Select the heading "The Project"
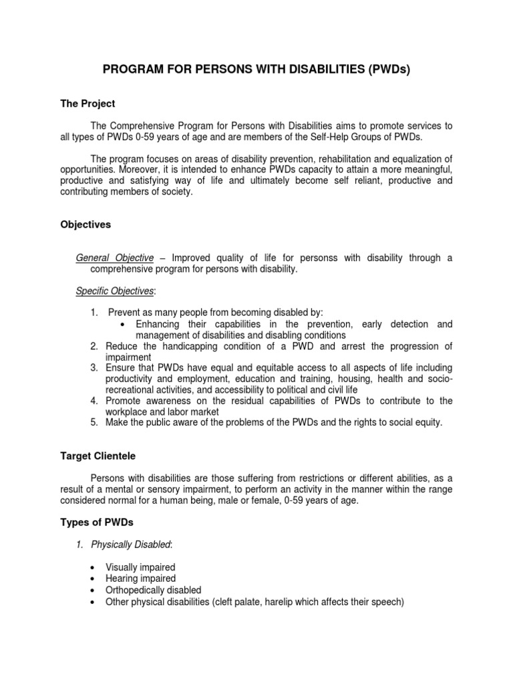coord(88,104)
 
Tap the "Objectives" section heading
coord(85,225)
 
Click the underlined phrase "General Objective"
coord(115,258)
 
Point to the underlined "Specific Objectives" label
coord(115,291)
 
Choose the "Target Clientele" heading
coord(98,456)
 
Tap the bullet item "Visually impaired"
coord(140,568)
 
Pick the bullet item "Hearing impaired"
coord(140,579)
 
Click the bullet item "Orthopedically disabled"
coord(153,590)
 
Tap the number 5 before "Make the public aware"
coord(94,423)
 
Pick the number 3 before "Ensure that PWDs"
coord(94,368)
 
